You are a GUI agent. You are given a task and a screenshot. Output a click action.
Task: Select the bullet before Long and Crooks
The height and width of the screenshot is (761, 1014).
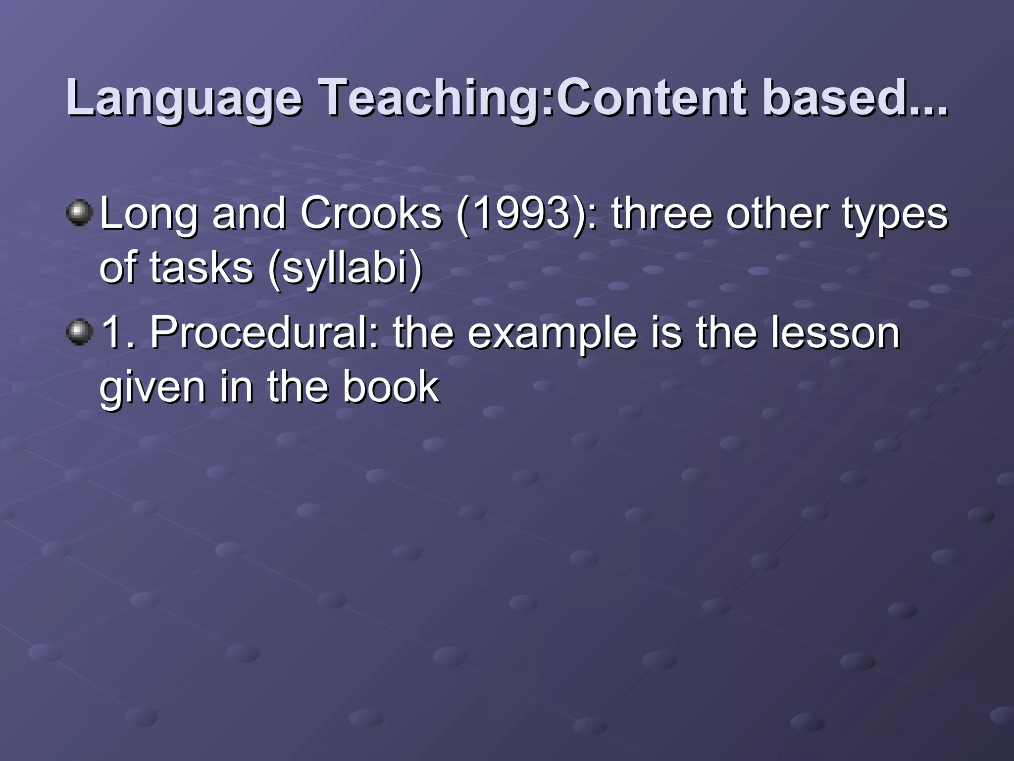coord(79,214)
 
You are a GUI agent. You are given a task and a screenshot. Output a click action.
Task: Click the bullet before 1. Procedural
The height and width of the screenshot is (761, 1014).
coord(79,332)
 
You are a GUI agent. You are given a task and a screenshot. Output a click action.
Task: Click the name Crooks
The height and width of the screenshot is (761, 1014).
coord(371,214)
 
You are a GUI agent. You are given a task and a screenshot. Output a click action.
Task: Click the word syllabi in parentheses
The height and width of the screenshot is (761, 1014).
coord(345,269)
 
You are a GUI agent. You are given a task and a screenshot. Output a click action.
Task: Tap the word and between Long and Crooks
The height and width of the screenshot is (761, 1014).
coord(249,214)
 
